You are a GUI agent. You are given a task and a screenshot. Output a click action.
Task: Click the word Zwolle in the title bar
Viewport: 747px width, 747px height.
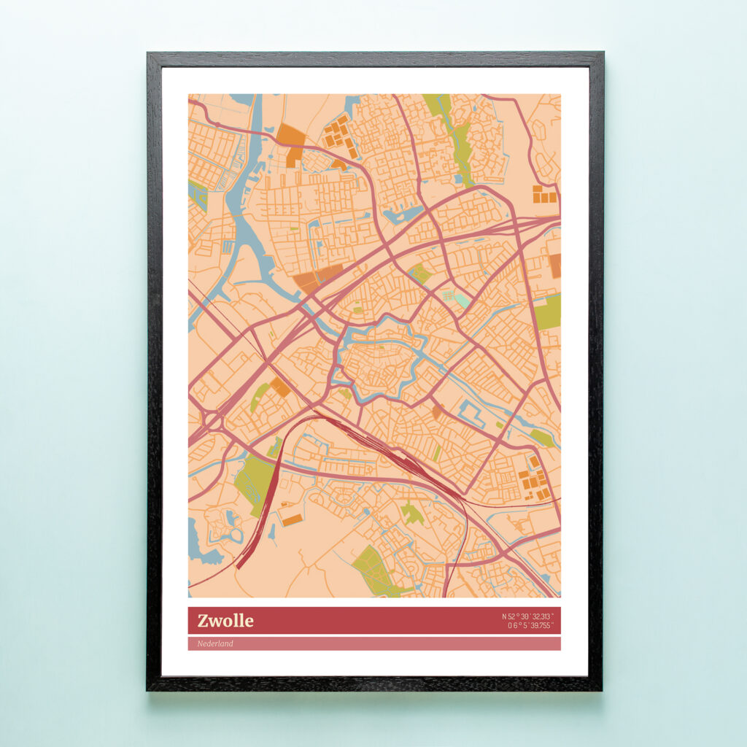pos(225,621)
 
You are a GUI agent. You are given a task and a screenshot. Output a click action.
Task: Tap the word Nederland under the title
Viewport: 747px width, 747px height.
pos(215,643)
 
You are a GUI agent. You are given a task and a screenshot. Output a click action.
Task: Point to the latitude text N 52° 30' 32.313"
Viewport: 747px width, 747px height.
pos(527,616)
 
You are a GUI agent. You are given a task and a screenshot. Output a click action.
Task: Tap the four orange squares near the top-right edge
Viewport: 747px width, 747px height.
pos(544,194)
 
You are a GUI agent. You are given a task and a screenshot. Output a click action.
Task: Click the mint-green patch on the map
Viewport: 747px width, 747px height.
pos(462,299)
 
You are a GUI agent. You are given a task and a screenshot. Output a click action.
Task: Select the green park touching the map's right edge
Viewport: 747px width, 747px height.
pos(548,311)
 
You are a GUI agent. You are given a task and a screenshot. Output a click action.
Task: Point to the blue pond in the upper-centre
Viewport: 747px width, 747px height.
pos(403,214)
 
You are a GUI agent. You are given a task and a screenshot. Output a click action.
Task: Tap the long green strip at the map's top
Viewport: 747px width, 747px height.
pos(455,139)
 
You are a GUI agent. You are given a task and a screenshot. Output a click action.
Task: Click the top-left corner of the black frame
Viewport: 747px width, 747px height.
pos(149,54)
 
